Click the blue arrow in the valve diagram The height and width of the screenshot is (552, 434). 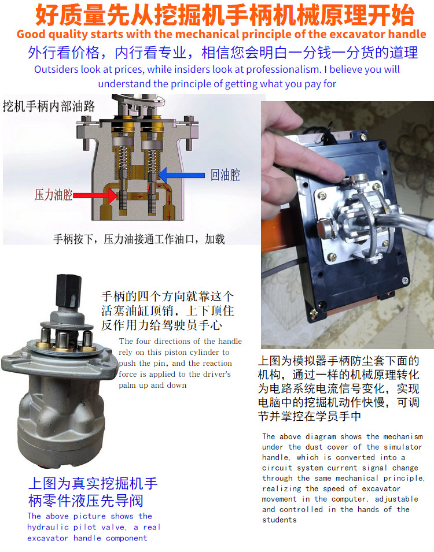pyautogui.click(x=182, y=175)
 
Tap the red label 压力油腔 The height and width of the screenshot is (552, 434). pyautogui.click(x=53, y=195)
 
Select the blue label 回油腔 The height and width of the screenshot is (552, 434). pyautogui.click(x=225, y=175)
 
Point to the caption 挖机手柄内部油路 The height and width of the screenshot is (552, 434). pyautogui.click(x=49, y=106)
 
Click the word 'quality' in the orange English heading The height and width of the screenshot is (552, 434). pyautogui.click(x=68, y=35)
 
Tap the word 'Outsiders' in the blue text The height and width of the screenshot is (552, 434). pyautogui.click(x=56, y=69)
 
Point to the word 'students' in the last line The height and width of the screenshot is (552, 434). pyautogui.click(x=279, y=520)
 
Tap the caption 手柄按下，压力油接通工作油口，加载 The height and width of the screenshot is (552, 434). pyautogui.click(x=139, y=239)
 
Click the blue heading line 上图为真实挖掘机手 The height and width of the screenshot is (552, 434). pyautogui.click(x=93, y=483)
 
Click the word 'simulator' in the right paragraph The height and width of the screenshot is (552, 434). pyautogui.click(x=403, y=447)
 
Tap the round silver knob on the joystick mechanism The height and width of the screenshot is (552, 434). pyautogui.click(x=326, y=227)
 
